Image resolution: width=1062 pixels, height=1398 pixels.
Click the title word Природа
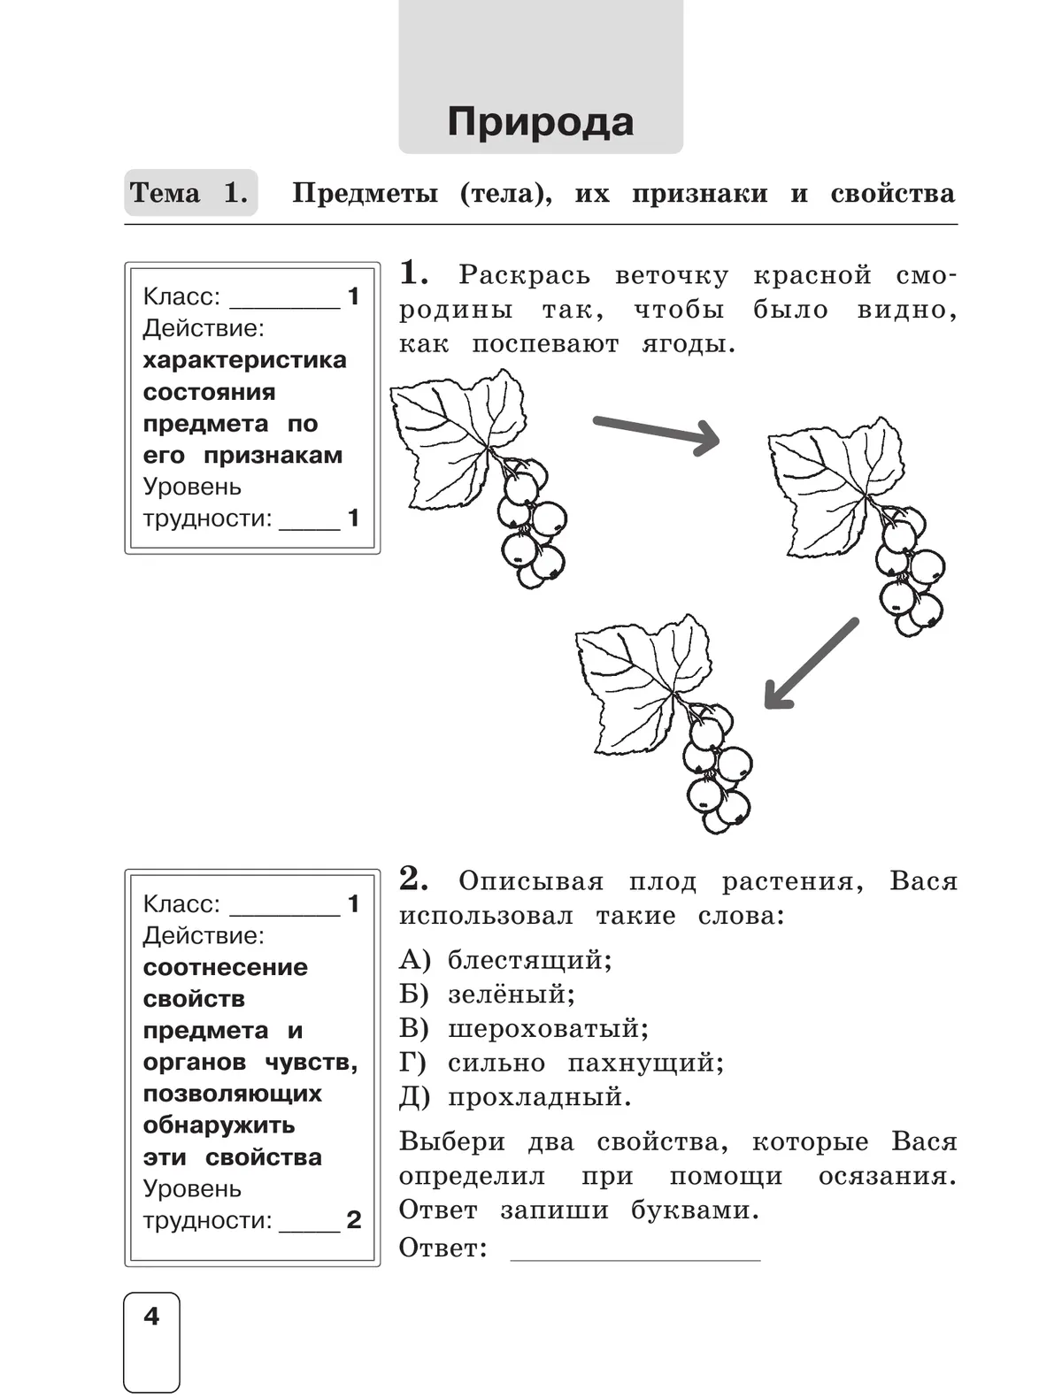coord(540,122)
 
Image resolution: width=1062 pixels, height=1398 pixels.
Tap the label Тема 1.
coord(189,193)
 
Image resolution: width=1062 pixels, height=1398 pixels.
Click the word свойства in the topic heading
coord(892,194)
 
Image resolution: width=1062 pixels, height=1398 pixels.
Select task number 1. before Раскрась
coord(414,273)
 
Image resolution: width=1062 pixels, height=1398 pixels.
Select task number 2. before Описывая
coord(414,880)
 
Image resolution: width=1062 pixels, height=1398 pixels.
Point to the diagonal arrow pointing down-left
coord(811,664)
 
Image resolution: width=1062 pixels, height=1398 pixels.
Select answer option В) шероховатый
coord(524,1029)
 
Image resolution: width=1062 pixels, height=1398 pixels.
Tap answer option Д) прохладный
coord(515,1098)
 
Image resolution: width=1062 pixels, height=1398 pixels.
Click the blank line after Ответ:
coord(635,1249)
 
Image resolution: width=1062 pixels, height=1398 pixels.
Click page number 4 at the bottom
coord(151,1317)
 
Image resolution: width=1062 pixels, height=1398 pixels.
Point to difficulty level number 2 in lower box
coord(353,1220)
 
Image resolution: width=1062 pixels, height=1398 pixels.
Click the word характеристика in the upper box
coord(244,360)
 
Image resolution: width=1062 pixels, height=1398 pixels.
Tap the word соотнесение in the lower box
coord(225,967)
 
